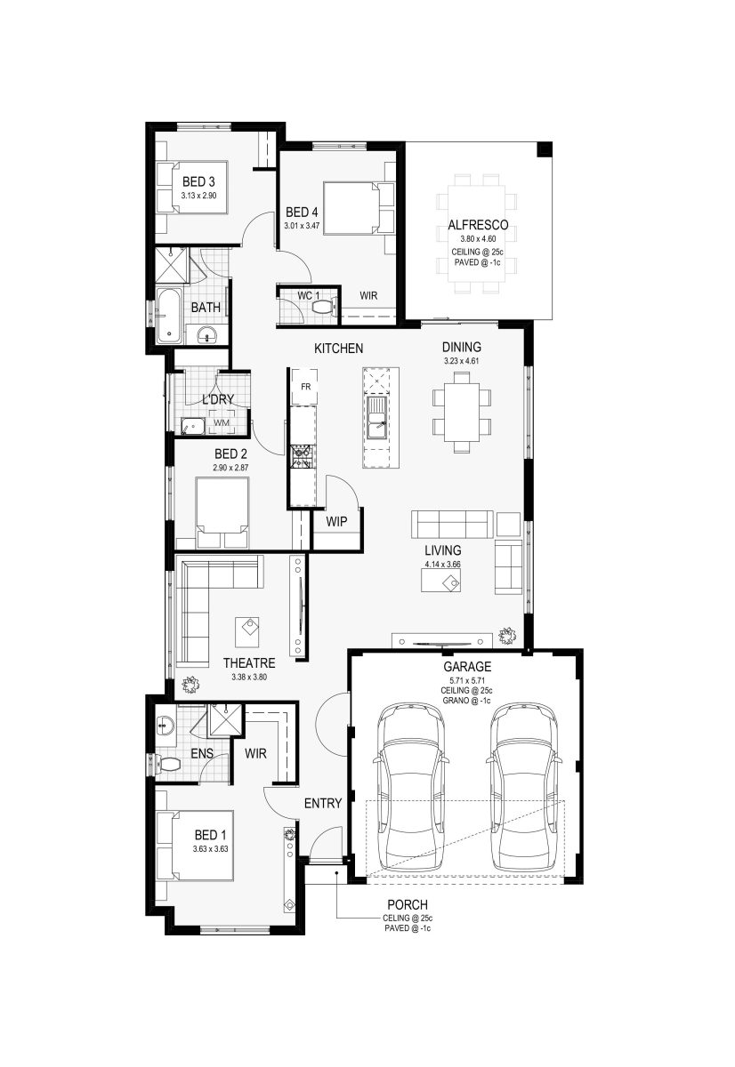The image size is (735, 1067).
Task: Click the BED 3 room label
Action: [198, 181]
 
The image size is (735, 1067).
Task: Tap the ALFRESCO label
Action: [478, 225]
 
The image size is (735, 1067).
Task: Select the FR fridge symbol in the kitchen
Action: [305, 386]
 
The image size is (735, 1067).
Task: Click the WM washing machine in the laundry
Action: [222, 422]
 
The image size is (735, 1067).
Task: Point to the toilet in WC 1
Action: [325, 306]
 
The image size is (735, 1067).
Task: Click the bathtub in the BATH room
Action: [169, 316]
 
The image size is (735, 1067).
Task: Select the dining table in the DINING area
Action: [462, 412]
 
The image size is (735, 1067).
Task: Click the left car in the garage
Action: [411, 786]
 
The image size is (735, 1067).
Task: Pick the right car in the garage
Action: [523, 786]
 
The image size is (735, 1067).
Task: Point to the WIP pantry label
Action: [336, 522]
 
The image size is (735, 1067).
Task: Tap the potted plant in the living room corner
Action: [507, 636]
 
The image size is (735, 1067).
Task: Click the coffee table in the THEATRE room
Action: [246, 631]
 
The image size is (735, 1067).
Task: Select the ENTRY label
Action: [323, 803]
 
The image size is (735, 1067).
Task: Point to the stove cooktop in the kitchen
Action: [302, 457]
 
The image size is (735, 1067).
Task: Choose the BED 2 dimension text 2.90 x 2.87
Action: [230, 468]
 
